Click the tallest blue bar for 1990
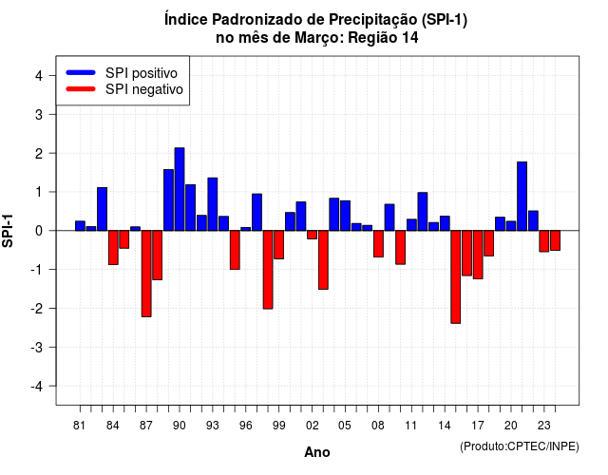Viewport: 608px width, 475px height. tap(180, 189)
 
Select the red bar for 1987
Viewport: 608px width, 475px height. tap(146, 274)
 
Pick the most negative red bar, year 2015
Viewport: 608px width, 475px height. tap(456, 276)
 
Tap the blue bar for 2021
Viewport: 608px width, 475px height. tap(522, 197)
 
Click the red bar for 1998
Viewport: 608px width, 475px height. tap(268, 270)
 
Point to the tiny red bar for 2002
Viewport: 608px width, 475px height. tap(313, 235)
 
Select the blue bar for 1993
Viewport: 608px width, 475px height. tap(213, 204)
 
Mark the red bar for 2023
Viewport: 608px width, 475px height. tap(544, 241)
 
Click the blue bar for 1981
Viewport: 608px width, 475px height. tap(80, 226)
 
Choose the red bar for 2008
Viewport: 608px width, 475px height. tap(378, 244)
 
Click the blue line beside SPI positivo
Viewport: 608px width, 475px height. tap(81, 72)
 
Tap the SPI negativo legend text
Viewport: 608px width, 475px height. tap(144, 89)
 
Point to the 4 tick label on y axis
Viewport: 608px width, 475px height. tap(39, 76)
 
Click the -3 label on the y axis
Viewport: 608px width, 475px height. tap(37, 347)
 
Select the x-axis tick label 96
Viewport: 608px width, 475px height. tap(245, 426)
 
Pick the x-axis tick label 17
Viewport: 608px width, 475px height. tap(478, 426)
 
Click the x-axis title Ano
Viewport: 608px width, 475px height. tap(317, 452)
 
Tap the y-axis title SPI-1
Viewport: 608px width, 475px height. tap(8, 231)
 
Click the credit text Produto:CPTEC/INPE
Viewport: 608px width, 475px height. tap(520, 446)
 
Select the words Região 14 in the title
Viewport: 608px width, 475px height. tap(383, 38)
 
